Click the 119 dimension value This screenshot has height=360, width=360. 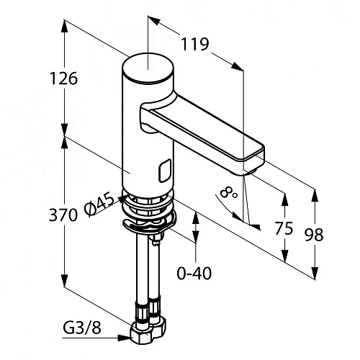pyautogui.click(x=194, y=44)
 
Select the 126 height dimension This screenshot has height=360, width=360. pyautogui.click(x=63, y=78)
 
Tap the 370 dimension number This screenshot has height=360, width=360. pyautogui.click(x=63, y=215)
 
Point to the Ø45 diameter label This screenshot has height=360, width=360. pyautogui.click(x=99, y=204)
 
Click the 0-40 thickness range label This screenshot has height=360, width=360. pyautogui.click(x=194, y=273)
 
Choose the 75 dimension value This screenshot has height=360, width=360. pyautogui.click(x=284, y=228)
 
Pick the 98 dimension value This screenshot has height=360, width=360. pyautogui.click(x=314, y=235)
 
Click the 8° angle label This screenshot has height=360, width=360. pyautogui.click(x=228, y=192)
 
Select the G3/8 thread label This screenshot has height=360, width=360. pyautogui.click(x=82, y=328)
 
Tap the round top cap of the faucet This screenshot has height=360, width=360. pyautogui.click(x=148, y=68)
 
